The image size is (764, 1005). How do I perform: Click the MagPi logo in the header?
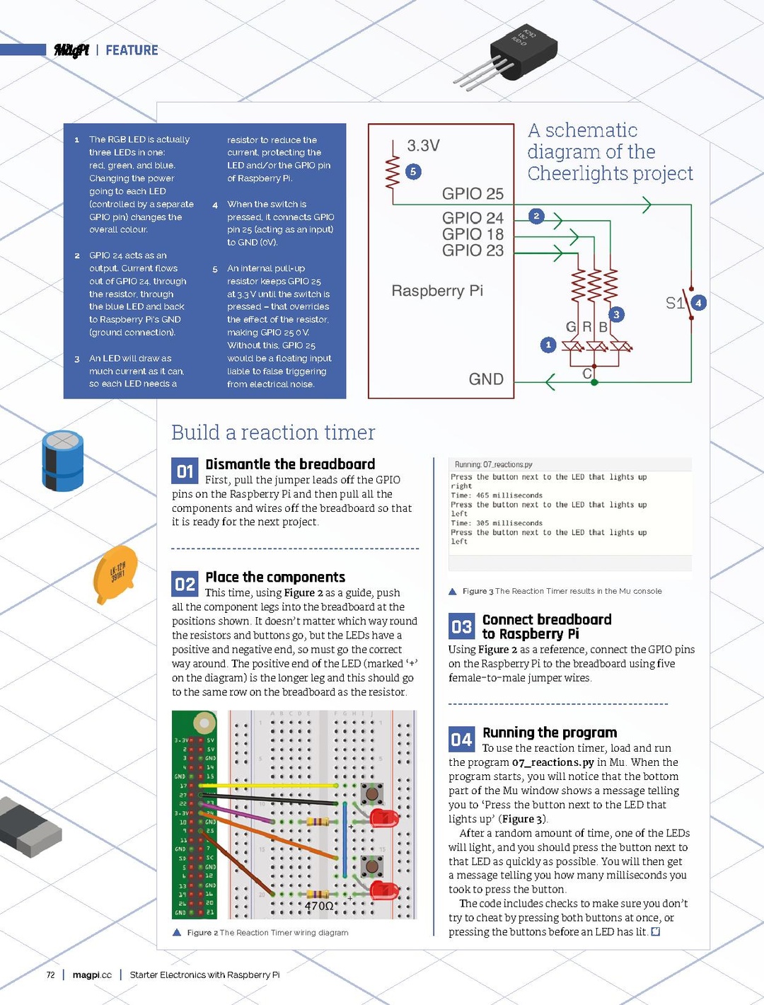pyautogui.click(x=71, y=50)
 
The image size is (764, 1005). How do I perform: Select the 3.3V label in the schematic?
pyautogui.click(x=423, y=146)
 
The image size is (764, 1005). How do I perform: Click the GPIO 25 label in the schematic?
pyautogui.click(x=473, y=194)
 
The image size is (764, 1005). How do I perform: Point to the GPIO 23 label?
pyautogui.click(x=473, y=251)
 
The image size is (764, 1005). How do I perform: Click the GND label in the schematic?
pyautogui.click(x=486, y=379)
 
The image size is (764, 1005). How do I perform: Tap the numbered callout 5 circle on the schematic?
pyautogui.click(x=413, y=171)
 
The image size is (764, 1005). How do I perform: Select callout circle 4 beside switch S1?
pyautogui.click(x=698, y=303)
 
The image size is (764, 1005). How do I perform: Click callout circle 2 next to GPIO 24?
pyautogui.click(x=536, y=216)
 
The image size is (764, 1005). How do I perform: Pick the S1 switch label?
pyautogui.click(x=675, y=304)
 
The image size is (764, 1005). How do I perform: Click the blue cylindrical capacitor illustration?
pyautogui.click(x=63, y=461)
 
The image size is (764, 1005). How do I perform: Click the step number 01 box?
pyautogui.click(x=185, y=471)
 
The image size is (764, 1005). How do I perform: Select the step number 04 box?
pyautogui.click(x=461, y=740)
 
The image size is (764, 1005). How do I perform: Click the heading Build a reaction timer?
pyautogui.click(x=273, y=432)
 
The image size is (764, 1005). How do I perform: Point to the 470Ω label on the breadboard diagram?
pyautogui.click(x=319, y=906)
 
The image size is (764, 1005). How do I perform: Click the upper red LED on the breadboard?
pyautogui.click(x=384, y=818)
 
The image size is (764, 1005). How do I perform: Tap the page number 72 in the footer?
pyautogui.click(x=50, y=975)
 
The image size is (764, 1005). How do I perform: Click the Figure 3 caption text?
pyautogui.click(x=562, y=591)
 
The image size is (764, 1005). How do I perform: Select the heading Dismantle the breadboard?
pyautogui.click(x=290, y=464)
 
